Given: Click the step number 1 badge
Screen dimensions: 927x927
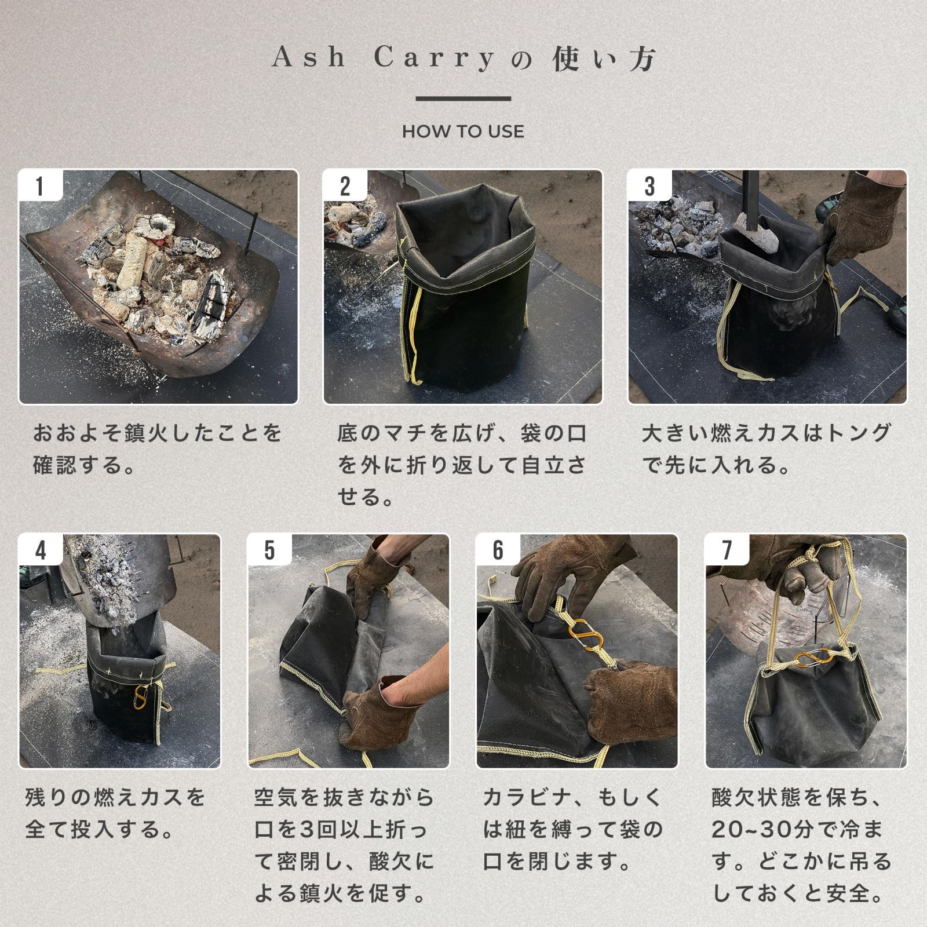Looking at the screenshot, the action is (40, 186).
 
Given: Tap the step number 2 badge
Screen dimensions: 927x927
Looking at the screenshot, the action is (345, 186).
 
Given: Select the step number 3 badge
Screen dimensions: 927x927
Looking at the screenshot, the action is (650, 186).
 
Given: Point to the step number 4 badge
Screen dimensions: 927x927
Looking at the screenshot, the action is (41, 550).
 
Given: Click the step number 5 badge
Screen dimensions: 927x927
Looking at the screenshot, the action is (269, 550).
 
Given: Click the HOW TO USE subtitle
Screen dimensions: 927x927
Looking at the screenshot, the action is (463, 132).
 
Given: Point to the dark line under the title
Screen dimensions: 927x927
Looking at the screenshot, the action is (463, 98).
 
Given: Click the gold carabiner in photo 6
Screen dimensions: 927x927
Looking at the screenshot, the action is (585, 635).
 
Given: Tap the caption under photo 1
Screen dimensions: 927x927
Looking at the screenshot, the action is (157, 449).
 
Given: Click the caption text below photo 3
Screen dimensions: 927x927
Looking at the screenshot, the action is (766, 449).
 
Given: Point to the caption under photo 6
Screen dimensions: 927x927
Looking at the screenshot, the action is (572, 830).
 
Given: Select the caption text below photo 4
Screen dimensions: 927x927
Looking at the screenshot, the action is (115, 813).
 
